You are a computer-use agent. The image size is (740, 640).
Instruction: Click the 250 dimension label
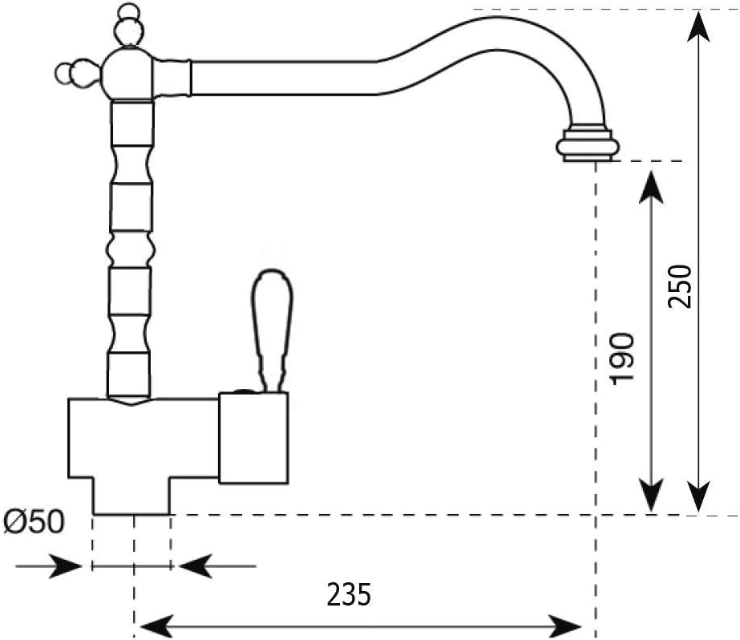point(680,286)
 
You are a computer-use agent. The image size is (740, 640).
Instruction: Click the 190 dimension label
point(622,359)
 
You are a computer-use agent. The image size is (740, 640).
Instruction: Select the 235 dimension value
point(350,594)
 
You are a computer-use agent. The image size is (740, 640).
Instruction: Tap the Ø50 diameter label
point(33,522)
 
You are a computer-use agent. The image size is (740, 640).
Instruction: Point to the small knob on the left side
point(75,73)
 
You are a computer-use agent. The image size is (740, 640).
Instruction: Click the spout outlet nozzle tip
point(588,143)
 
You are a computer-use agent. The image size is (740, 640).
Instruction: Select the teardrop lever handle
point(272,330)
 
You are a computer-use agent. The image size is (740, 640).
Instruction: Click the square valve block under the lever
point(253,438)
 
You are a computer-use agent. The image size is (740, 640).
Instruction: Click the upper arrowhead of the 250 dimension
point(698,26)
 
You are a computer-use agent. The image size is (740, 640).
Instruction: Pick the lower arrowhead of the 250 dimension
point(698,496)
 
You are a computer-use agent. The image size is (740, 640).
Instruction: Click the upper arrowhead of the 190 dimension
point(651,188)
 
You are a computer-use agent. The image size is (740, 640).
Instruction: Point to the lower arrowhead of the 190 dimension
point(651,496)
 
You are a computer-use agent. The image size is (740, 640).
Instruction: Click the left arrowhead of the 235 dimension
point(156,627)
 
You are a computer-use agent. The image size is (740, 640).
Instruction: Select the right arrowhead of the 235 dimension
point(564,627)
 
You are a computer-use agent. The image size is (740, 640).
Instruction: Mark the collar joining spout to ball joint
point(172,78)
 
